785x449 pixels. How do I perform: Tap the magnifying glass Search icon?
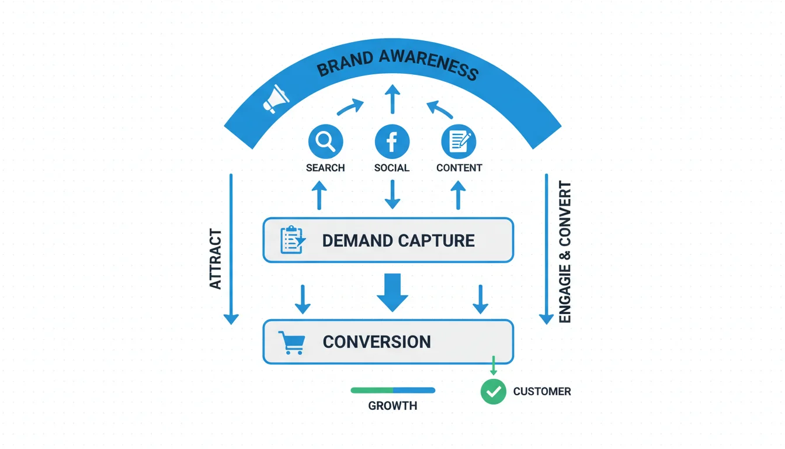[x=325, y=141]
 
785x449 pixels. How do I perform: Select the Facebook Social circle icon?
[x=392, y=142]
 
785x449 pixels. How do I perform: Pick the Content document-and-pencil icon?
[x=459, y=141]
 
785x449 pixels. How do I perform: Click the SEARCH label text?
[x=325, y=168]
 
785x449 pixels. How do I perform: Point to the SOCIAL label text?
[x=392, y=168]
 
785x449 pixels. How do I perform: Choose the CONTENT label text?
[x=459, y=168]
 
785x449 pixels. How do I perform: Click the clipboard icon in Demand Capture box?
[x=292, y=240]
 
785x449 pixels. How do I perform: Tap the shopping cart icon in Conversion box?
[x=291, y=342]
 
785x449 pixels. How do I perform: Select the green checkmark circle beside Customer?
[x=494, y=391]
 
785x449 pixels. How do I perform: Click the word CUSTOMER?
[x=542, y=391]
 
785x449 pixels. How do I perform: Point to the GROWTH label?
[x=392, y=405]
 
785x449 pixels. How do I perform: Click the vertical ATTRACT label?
[x=216, y=259]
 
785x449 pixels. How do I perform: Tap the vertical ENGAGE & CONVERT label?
[x=565, y=252]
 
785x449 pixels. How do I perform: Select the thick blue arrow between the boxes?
[x=392, y=290]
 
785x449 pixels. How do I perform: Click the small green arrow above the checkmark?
[x=494, y=367]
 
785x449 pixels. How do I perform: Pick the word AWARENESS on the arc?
[x=428, y=65]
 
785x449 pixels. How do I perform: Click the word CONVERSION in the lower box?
[x=377, y=342]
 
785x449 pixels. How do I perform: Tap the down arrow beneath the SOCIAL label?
[x=392, y=194]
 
